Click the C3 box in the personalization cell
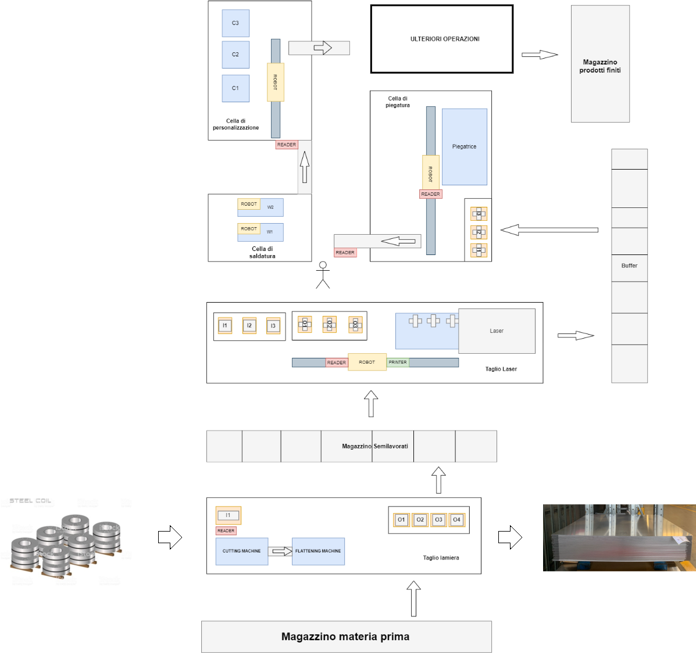tap(235, 23)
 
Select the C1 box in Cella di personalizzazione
tap(235, 88)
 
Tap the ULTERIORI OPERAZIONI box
tap(442, 39)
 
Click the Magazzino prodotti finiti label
tap(600, 66)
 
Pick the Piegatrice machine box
tap(464, 146)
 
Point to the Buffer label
tap(629, 265)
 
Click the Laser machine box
tap(497, 331)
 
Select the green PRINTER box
tap(398, 363)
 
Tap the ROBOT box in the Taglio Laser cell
tap(367, 362)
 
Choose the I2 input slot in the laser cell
tap(249, 325)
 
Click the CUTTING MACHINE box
tap(242, 551)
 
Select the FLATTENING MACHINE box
tap(318, 551)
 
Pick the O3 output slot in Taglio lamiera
tap(438, 520)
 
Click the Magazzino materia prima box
tap(346, 637)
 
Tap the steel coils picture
tap(66, 538)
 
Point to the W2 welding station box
tap(271, 207)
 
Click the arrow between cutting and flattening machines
tap(280, 551)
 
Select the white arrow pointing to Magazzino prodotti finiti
tap(540, 55)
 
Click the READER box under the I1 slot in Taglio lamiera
tap(226, 531)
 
